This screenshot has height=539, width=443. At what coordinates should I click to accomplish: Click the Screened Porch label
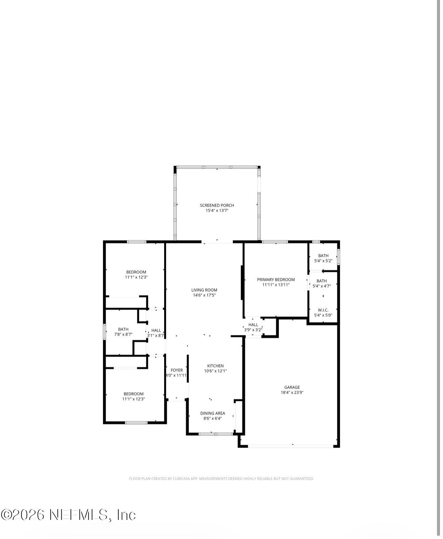coord(217,205)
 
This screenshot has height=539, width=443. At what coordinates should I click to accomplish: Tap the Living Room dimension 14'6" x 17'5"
coord(204,295)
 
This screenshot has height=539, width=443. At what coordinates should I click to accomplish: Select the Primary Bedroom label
coord(276,279)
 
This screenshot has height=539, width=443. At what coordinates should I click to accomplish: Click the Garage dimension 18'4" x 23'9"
coord(292,392)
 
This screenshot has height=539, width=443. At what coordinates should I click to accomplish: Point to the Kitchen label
coord(215,365)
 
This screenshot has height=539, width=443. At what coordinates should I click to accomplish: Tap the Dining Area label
coord(212,413)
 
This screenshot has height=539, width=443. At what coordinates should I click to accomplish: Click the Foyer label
coord(177,370)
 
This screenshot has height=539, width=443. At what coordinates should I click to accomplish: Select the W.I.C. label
coord(323,310)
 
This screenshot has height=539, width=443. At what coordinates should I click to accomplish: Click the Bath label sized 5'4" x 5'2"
coord(323,255)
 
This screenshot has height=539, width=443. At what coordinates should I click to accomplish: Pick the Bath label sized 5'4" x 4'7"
coord(322,281)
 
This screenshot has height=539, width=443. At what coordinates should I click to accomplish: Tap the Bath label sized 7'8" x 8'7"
coord(123,329)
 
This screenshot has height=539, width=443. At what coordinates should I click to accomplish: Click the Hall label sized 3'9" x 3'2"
coord(253,325)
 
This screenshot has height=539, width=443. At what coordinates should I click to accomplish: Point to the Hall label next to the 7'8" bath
coord(156,330)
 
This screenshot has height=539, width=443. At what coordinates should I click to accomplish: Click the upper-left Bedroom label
coord(136,272)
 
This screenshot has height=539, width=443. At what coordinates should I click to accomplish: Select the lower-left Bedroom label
coord(133,394)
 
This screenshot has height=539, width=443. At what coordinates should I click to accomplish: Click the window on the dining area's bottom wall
coord(215,434)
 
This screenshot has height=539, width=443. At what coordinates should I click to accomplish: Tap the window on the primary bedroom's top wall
coord(275,242)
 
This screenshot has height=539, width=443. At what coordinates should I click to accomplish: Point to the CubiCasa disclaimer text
coord(221,479)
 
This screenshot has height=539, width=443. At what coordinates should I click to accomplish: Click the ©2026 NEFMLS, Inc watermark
coord(68,515)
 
